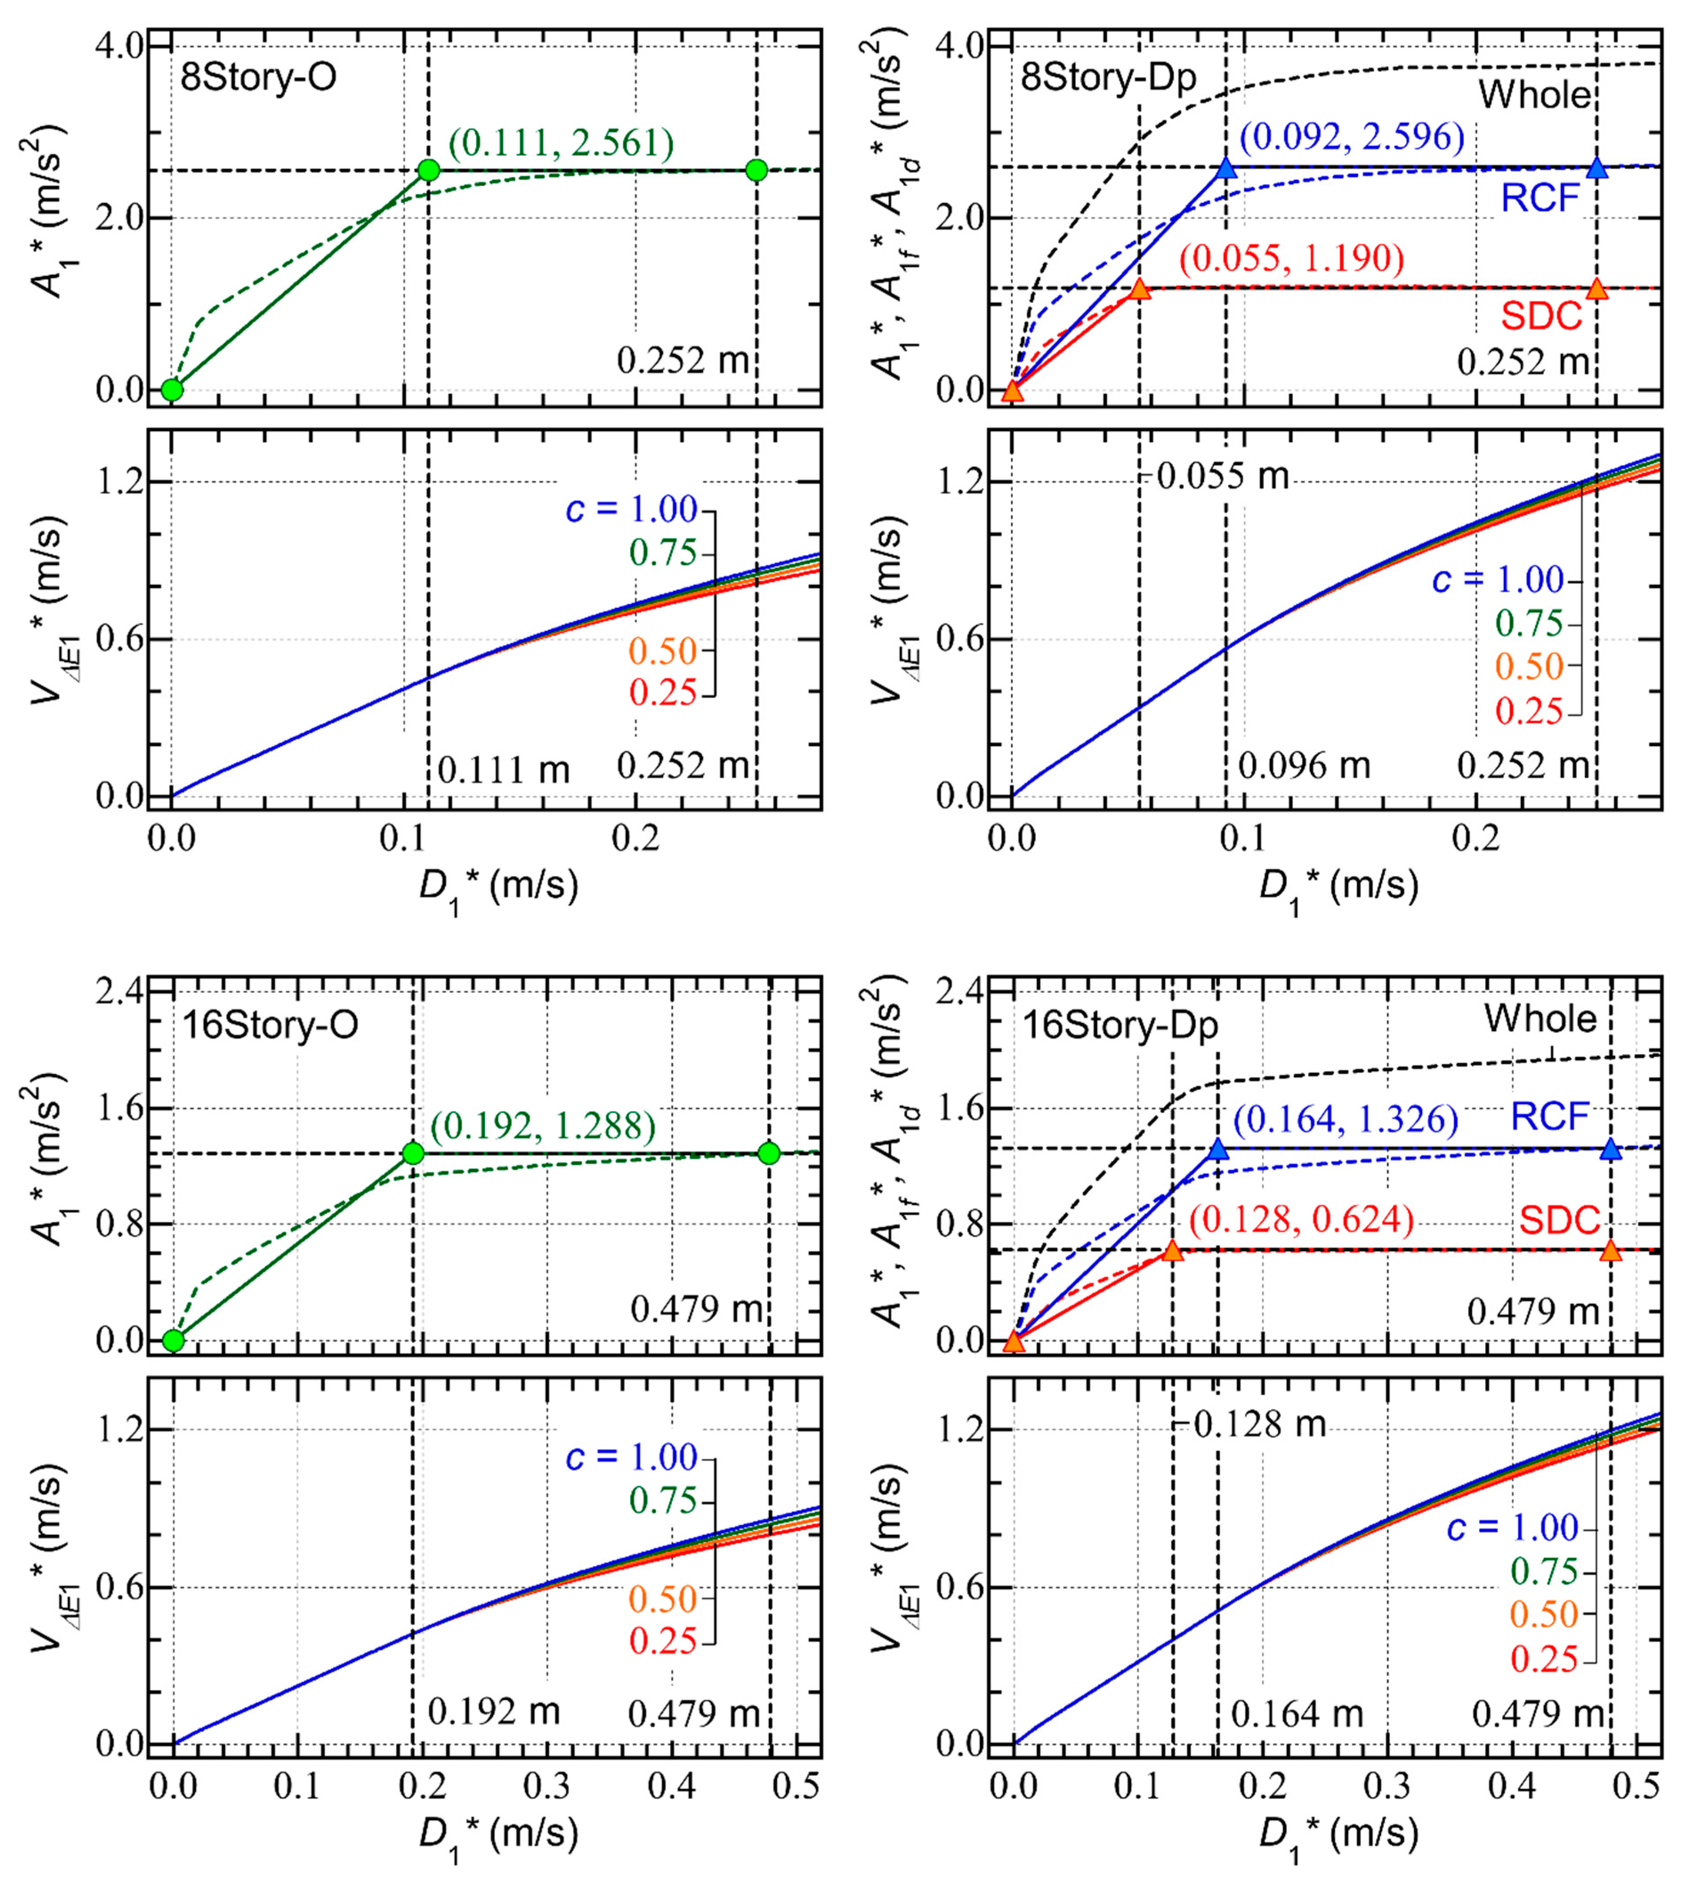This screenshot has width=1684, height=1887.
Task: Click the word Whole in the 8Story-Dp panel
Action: coord(1534,95)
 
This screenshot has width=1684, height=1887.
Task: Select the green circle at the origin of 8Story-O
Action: coord(172,389)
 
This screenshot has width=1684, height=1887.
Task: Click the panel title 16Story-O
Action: coord(270,1025)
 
